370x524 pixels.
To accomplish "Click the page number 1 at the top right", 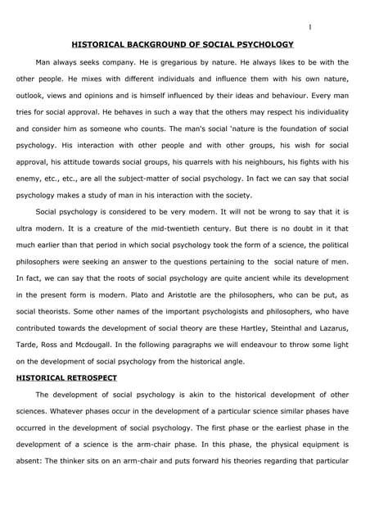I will (x=309, y=27).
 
